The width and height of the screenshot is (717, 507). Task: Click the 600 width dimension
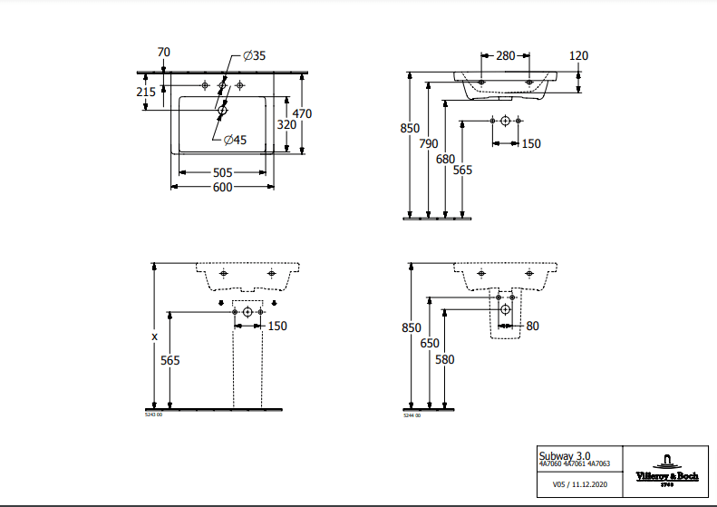(x=222, y=188)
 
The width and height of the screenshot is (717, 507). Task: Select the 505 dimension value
(x=222, y=172)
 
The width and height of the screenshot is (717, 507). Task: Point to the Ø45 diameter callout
(x=235, y=139)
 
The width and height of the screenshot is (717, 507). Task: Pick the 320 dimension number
(x=286, y=124)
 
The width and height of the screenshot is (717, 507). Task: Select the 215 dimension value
(x=145, y=93)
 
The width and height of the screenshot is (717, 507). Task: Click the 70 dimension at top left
(x=163, y=53)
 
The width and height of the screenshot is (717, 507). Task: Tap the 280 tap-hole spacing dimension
(x=505, y=56)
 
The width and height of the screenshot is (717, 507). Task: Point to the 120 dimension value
(x=578, y=56)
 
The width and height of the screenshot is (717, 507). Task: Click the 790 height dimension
(x=428, y=144)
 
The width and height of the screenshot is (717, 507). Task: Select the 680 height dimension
(x=445, y=160)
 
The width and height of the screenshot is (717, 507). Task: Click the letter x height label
(x=155, y=336)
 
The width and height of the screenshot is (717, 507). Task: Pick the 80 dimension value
(x=532, y=326)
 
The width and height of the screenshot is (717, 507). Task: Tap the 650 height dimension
(x=428, y=344)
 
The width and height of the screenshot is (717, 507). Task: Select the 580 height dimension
(x=445, y=359)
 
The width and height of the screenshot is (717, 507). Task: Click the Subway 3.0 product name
(x=563, y=454)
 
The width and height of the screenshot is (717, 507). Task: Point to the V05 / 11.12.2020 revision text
(x=580, y=485)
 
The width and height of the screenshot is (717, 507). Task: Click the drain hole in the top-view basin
(x=222, y=111)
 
